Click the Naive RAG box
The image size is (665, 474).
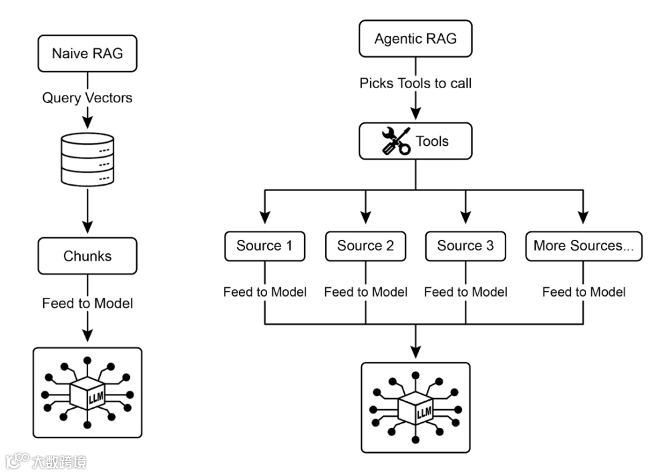(x=87, y=53)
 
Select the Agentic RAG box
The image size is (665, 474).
(x=416, y=39)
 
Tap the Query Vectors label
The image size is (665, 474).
(x=87, y=97)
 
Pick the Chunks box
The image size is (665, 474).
(x=87, y=256)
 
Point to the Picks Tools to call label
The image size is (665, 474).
(x=416, y=83)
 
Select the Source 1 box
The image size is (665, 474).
(x=265, y=246)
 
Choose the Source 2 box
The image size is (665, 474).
(x=366, y=246)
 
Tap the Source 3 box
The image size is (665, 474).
(x=465, y=246)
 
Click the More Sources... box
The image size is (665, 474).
(x=584, y=246)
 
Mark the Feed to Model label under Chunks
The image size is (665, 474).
(x=87, y=303)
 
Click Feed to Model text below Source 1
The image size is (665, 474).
(x=265, y=292)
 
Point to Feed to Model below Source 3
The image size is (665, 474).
(x=465, y=292)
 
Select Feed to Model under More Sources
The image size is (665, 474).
(x=584, y=292)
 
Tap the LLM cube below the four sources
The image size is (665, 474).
(x=416, y=409)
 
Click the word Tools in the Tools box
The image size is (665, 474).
(x=432, y=142)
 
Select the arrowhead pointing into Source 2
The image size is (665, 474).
(x=366, y=218)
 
